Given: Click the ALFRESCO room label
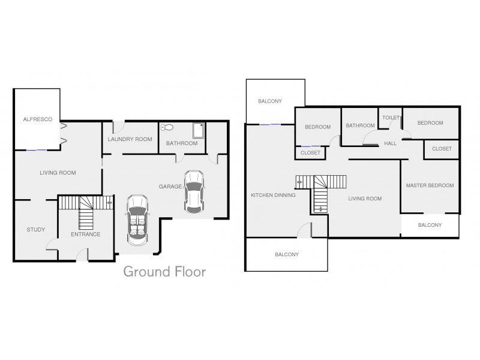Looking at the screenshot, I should point(37,120).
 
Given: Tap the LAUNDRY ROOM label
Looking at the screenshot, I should point(130,139).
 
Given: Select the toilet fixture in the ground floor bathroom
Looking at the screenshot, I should point(168,127).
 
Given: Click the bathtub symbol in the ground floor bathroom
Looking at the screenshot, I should point(197,130).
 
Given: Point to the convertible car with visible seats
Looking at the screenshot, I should point(137,218).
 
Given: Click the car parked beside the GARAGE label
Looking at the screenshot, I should point(193,191).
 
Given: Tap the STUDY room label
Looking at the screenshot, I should point(35,230).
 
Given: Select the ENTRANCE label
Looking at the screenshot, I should point(85,234).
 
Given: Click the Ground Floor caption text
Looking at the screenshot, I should point(164,272).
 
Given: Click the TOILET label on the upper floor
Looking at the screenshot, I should point(391,118).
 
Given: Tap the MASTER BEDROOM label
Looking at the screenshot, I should point(430,185).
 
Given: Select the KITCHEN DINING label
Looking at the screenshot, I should point(273,195).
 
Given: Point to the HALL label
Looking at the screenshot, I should point(391,143).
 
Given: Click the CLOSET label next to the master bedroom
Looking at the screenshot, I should point(442,148).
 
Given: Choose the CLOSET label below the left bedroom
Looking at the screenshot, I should point(310,153).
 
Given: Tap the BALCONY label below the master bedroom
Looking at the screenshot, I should point(430,225).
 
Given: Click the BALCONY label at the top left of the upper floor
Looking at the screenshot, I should point(270,101).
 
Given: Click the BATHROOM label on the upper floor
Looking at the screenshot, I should point(359,125).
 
